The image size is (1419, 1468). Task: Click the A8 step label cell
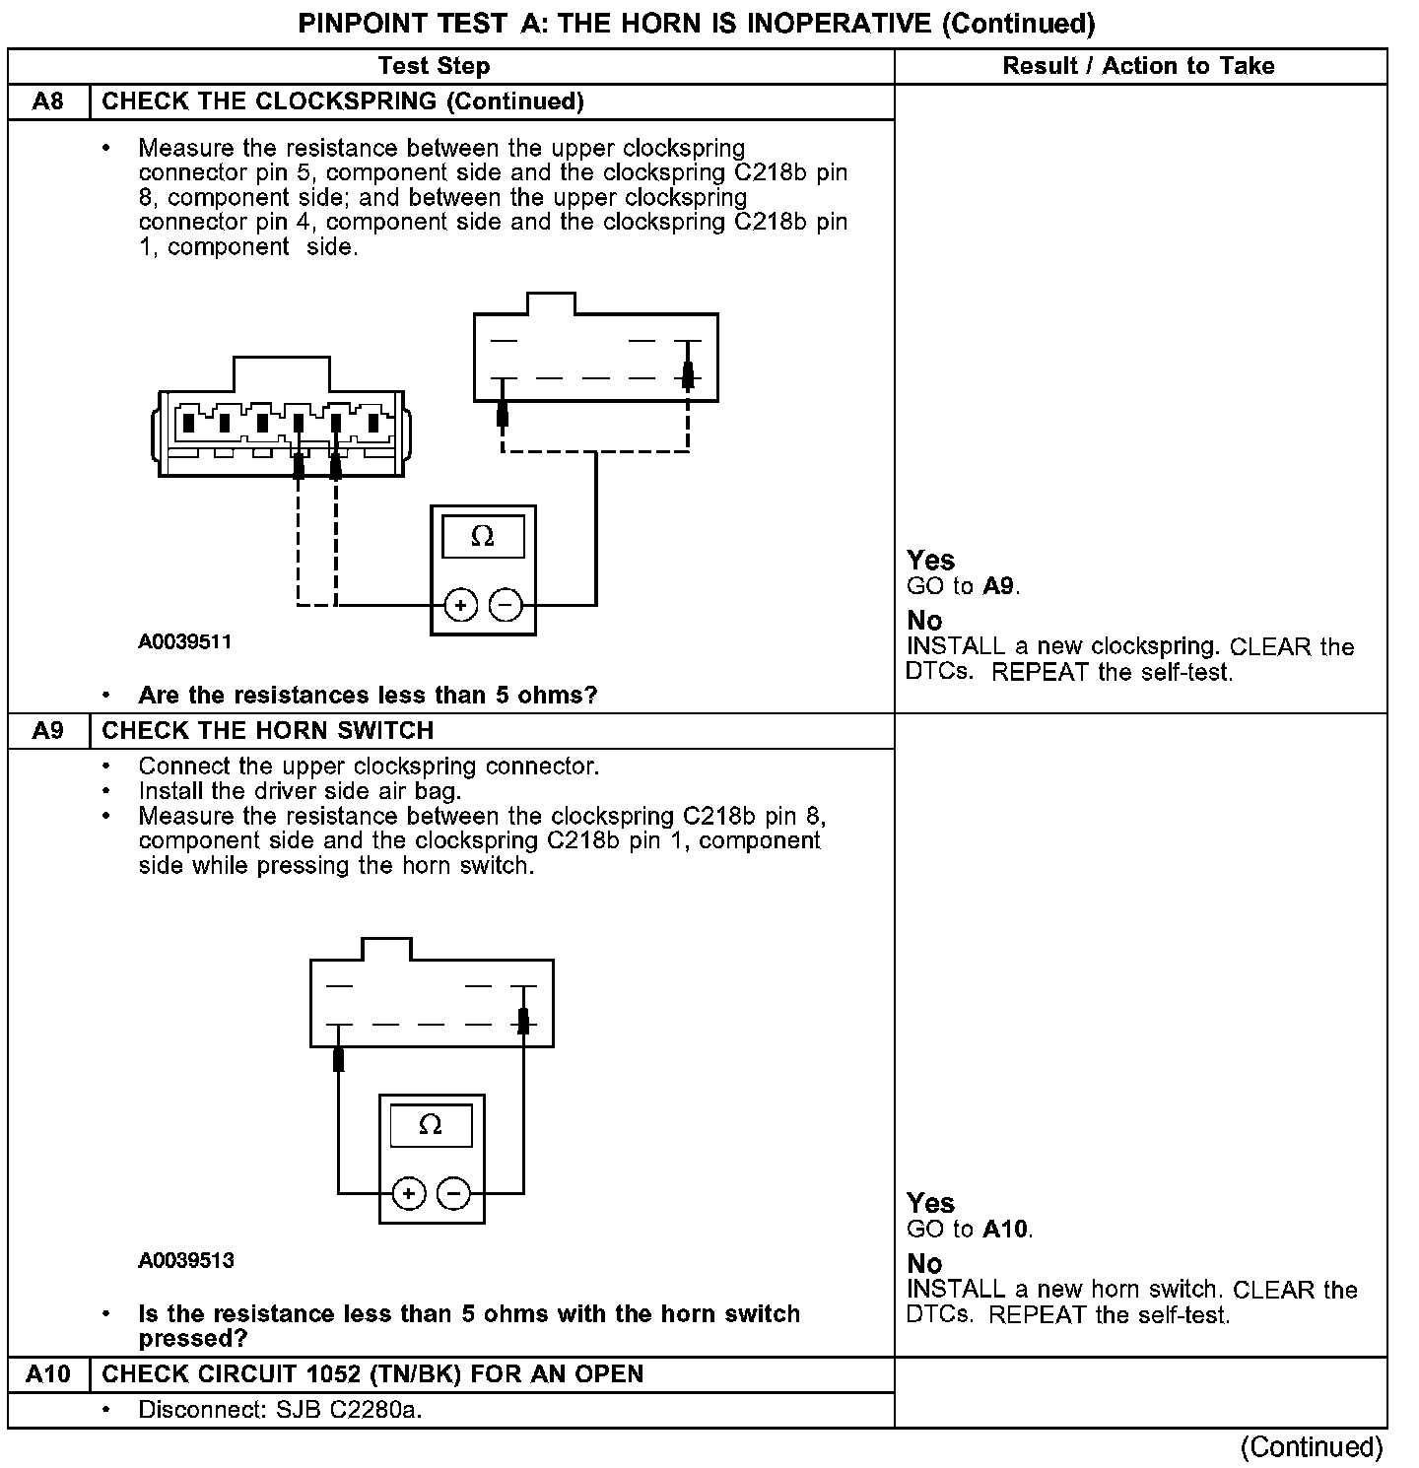48,101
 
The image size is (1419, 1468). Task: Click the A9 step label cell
48,730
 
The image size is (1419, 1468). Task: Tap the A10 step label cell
48,1373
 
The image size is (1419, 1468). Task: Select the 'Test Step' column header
434,66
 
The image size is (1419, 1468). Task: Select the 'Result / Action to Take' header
1138,66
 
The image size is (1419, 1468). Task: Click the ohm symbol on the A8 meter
483,537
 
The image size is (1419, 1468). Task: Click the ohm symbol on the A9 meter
431,1125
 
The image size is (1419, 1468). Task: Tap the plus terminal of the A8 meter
460,604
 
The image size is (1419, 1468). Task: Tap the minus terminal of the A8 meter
506,604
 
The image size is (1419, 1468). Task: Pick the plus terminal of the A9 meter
409,1194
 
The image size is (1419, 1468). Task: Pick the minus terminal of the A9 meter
453,1194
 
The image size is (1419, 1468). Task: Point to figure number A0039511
185,642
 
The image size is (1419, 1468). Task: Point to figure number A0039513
185,1261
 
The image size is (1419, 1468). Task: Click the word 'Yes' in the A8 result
930,561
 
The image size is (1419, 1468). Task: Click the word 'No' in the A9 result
924,1263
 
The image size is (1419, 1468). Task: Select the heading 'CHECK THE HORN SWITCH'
268,730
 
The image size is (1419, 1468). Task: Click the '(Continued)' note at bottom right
1312,1446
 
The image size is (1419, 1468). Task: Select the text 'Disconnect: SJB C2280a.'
280,1410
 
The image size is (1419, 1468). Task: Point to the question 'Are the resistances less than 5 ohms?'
368,696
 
